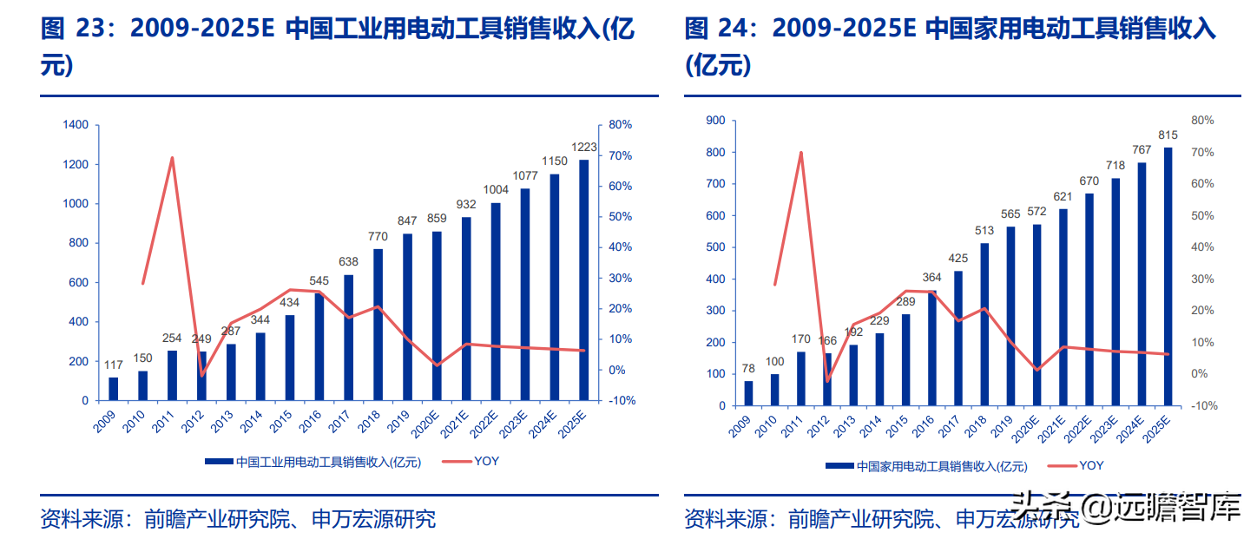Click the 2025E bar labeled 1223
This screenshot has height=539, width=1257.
[x=584, y=280]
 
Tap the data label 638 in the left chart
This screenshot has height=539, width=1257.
[x=348, y=261]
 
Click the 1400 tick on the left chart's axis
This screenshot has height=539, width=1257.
[x=76, y=125]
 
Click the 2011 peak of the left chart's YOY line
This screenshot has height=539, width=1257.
[x=172, y=158]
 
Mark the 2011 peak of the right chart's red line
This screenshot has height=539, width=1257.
[x=800, y=153]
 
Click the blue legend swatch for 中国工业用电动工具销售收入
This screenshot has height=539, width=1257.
[x=219, y=462]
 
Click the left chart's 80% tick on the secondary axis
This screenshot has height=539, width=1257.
[x=620, y=125]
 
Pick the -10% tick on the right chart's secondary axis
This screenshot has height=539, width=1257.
[x=1203, y=405]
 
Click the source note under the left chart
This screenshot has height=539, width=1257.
[x=238, y=519]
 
